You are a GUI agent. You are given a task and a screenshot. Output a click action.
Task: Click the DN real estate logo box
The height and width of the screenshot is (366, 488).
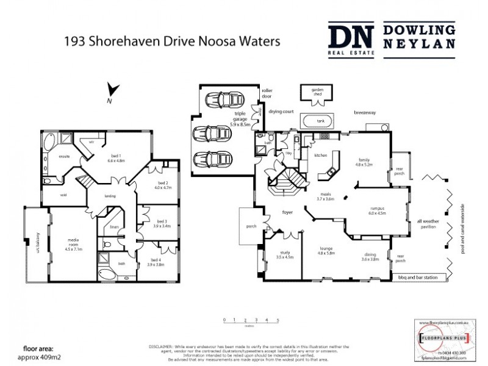click(351, 40)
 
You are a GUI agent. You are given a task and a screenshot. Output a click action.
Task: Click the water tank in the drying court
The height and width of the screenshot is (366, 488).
click(320, 121)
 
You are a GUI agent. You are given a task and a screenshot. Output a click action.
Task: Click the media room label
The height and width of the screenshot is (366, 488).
click(73, 244)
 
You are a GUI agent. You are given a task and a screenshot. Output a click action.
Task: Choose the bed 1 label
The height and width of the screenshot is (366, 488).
click(115, 157)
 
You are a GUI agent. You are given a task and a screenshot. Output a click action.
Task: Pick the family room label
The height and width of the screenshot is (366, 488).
click(364, 161)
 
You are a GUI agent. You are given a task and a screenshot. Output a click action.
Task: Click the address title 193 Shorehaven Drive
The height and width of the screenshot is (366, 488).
click(172, 41)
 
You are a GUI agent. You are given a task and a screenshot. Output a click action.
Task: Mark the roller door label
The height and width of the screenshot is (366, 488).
click(267, 93)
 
